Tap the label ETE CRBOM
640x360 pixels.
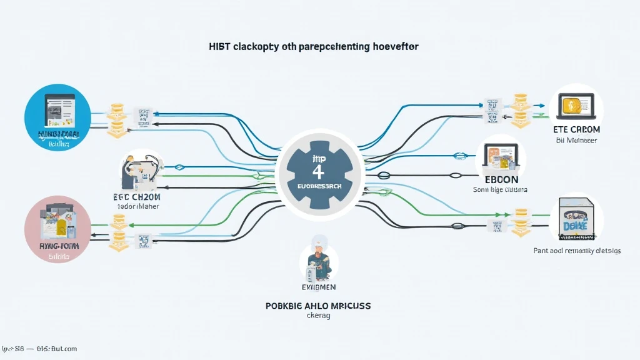[x=576, y=129]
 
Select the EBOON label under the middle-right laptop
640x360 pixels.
[x=501, y=177]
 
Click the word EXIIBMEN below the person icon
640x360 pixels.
[x=319, y=287]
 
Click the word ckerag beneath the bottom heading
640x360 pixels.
[x=319, y=316]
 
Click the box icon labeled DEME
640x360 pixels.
[x=576, y=219]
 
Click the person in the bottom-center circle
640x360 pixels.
[x=319, y=259]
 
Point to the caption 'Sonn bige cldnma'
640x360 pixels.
[x=501, y=189]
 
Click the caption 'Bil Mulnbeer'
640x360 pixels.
[x=576, y=141]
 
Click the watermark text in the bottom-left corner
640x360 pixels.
[x=39, y=349]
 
